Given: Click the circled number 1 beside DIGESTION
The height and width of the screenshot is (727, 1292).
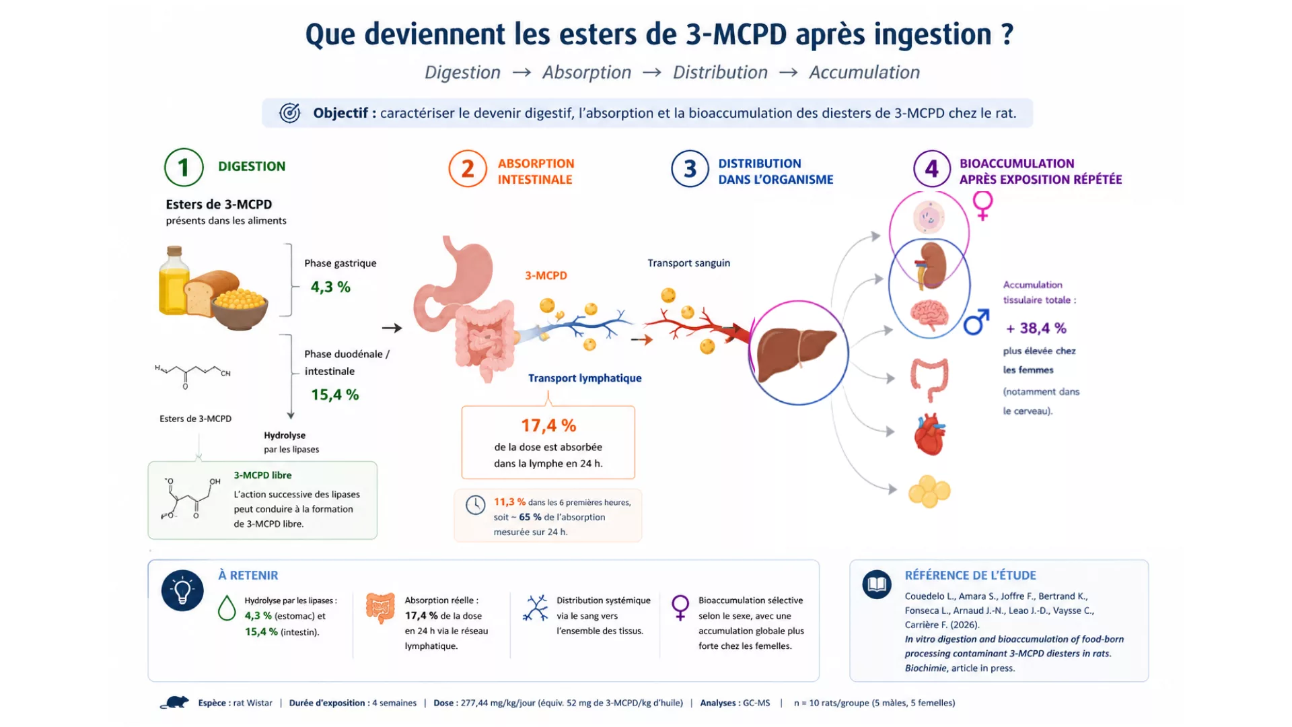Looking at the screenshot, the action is pos(184,167).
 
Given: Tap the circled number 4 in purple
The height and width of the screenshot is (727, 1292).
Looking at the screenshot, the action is pos(932,169).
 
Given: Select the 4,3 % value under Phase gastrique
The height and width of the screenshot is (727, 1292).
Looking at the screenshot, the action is pos(330,287).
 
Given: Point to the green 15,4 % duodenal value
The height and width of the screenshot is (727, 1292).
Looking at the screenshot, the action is pos(334,394).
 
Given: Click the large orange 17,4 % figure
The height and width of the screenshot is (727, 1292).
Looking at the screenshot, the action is pos(548,425).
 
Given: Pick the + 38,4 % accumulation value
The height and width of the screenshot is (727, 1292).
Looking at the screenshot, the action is pos(1036,328).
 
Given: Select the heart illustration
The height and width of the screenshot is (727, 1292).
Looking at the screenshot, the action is pos(930,434).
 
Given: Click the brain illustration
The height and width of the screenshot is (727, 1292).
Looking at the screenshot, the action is pos(929,315).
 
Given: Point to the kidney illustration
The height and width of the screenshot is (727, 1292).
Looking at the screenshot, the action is pos(931,265).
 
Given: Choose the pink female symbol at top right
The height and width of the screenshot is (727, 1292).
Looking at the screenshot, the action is pos(982,205).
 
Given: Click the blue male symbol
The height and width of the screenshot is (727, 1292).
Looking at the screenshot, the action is pos(976,322).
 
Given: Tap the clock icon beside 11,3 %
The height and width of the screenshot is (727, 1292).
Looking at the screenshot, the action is pos(475,505).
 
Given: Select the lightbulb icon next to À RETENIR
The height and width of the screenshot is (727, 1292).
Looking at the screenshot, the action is pos(182,590).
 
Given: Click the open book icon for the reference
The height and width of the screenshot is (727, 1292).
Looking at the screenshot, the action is pos(877,584).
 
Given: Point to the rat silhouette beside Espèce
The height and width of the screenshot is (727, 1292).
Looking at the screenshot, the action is pos(175,703).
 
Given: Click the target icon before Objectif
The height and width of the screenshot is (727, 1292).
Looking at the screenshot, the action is pos(290,113).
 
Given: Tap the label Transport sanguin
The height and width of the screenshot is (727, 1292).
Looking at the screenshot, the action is pos(688,263).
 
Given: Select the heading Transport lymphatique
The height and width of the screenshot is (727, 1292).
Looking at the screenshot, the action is pos(585,378).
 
